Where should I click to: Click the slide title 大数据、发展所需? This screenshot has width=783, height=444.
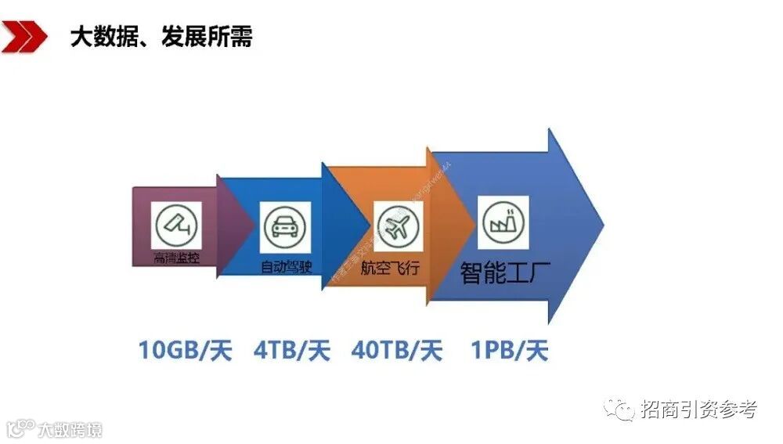pos(161,36)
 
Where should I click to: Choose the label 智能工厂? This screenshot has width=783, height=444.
pos(505,273)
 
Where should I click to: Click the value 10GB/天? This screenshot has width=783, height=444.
pos(185,349)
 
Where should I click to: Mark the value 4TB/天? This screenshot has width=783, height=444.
pos(291,349)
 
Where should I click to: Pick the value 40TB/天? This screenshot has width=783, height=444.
pos(397,349)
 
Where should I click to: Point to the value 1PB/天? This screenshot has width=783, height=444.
pos(509,349)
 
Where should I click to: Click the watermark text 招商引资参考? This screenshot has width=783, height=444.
pos(698,408)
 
